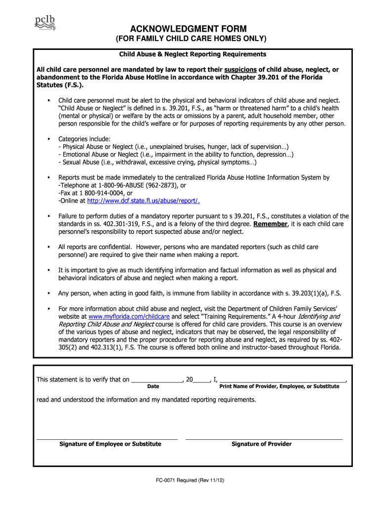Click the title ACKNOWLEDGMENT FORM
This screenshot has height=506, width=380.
(190, 29)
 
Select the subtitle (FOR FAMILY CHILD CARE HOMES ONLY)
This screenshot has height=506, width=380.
(190, 39)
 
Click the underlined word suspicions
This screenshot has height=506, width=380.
(241, 70)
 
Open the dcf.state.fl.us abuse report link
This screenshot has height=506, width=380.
(143, 201)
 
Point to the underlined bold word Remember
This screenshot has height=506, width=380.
(270, 224)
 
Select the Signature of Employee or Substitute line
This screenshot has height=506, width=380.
(107, 438)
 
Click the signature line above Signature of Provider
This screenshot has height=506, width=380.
(264, 438)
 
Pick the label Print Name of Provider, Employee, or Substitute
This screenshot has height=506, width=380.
(279, 386)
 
